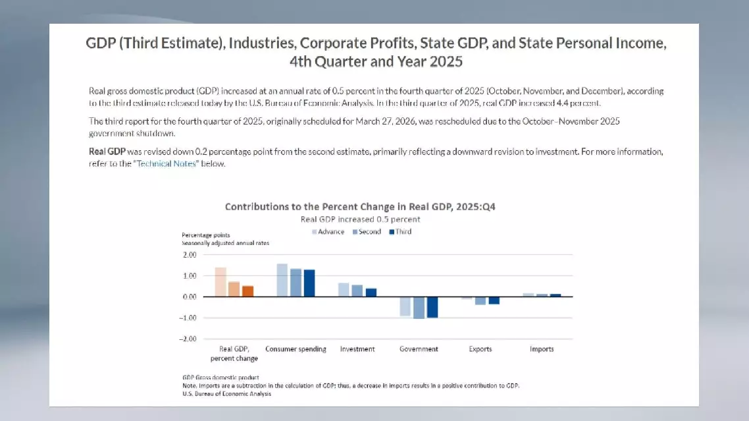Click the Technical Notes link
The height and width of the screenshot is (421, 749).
point(166,164)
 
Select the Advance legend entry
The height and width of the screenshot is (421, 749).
point(327,232)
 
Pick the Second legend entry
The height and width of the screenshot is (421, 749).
point(366,232)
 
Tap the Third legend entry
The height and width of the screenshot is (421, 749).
point(400,232)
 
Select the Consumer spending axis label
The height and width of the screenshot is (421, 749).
point(296,349)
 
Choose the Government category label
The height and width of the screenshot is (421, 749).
point(419,349)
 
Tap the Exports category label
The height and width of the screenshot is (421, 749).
point(480,349)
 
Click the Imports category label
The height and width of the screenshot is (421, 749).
point(542,349)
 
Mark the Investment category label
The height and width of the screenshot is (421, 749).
point(357,349)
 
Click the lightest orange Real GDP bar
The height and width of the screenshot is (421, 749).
point(220,282)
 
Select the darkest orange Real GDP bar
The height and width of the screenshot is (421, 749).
point(247,291)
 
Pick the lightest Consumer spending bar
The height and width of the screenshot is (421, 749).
point(282,280)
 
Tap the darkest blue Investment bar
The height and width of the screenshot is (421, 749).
point(371,293)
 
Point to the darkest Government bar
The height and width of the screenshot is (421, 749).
point(432,307)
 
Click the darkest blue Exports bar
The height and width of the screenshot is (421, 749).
point(494,300)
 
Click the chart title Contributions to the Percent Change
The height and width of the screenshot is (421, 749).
point(360,207)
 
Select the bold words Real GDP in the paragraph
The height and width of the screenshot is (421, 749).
point(106,152)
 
